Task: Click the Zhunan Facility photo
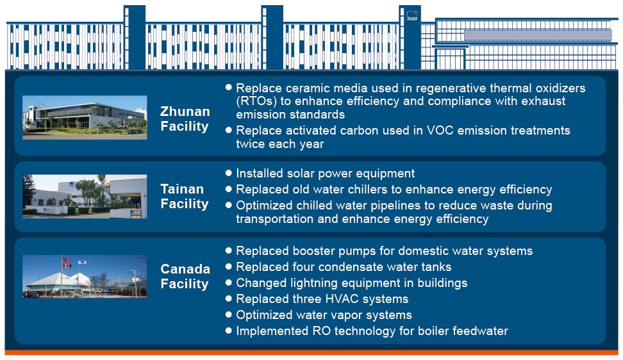point(85,117)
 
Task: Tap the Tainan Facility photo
point(85,197)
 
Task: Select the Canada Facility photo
point(85,276)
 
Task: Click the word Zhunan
point(185,111)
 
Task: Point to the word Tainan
point(182,189)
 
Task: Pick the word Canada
point(185,269)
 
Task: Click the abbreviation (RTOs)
point(256,101)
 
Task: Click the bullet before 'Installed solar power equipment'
point(228,173)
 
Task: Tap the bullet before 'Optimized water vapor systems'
point(228,315)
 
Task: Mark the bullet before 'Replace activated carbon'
point(228,130)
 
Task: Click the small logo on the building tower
point(412,16)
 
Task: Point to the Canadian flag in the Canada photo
point(67,265)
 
